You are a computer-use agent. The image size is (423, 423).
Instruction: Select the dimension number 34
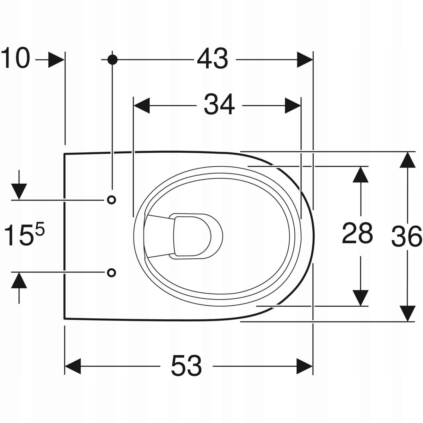219,104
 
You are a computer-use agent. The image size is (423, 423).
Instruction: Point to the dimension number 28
357,233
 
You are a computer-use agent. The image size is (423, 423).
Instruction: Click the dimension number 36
406,236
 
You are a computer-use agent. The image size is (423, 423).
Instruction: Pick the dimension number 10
16,58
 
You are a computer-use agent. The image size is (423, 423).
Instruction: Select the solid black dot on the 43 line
112,60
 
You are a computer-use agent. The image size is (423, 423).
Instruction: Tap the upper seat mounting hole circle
111,200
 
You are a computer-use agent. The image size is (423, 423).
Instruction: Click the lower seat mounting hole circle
111,272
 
